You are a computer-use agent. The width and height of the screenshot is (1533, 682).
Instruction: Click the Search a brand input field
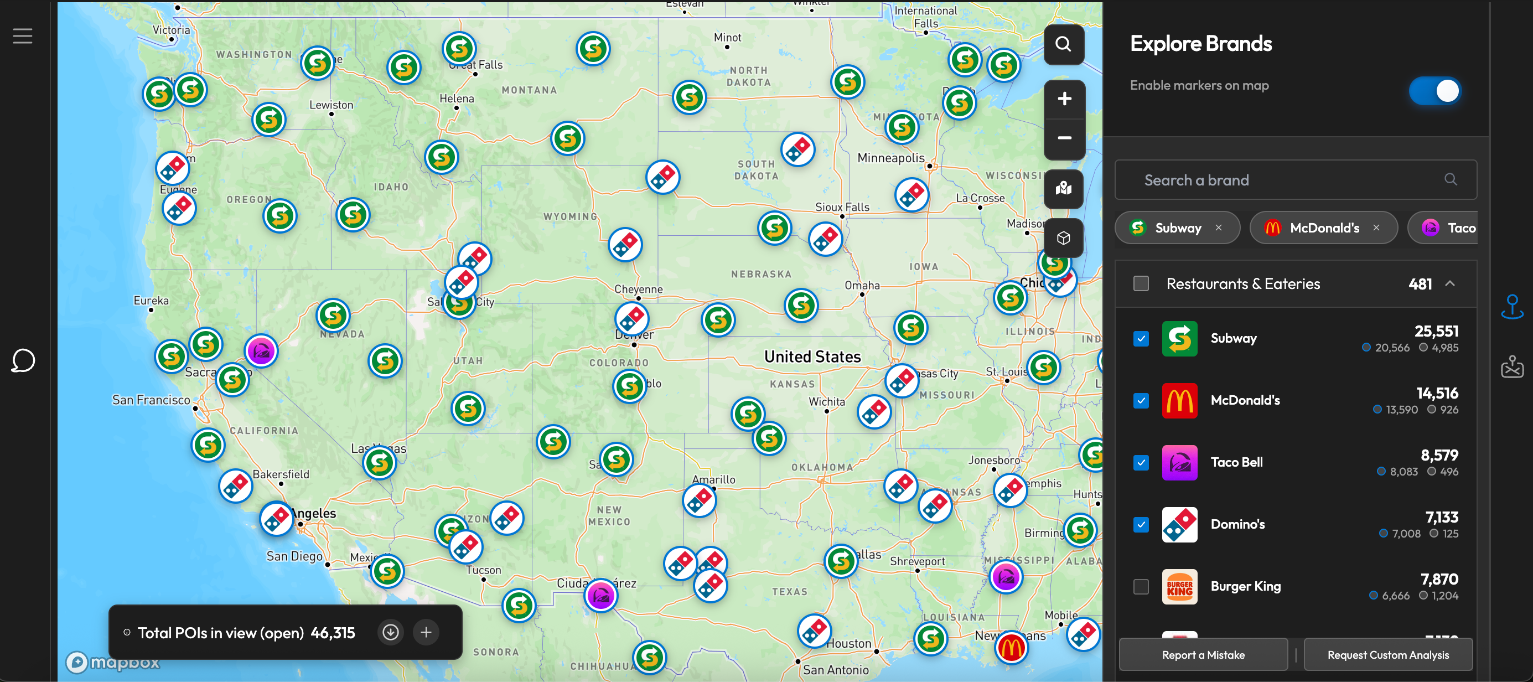pyautogui.click(x=1286, y=180)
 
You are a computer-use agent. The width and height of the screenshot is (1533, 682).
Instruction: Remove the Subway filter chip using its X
pyautogui.click(x=1219, y=228)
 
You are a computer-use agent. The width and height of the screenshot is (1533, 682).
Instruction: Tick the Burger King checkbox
pyautogui.click(x=1141, y=586)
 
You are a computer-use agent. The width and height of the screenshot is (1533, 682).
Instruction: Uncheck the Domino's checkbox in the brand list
pyautogui.click(x=1141, y=524)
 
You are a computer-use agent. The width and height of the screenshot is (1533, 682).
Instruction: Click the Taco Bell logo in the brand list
pyautogui.click(x=1179, y=462)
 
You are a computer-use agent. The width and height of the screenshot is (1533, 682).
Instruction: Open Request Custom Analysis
pyautogui.click(x=1388, y=655)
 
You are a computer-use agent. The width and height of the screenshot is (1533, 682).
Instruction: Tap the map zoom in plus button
pyautogui.click(x=1064, y=99)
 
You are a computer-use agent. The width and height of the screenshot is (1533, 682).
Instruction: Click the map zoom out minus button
pyautogui.click(x=1064, y=138)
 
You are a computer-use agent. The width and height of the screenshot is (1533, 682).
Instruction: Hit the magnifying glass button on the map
pyautogui.click(x=1064, y=44)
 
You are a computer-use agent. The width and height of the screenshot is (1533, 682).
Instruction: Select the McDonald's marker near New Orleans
pyautogui.click(x=1011, y=647)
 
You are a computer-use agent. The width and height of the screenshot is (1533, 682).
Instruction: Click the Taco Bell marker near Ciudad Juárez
pyautogui.click(x=600, y=595)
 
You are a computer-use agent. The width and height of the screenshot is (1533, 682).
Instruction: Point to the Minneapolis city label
pyautogui.click(x=890, y=158)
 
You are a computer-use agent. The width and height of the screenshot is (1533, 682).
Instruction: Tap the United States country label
pyautogui.click(x=812, y=356)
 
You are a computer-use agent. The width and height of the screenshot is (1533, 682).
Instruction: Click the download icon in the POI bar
pyautogui.click(x=390, y=632)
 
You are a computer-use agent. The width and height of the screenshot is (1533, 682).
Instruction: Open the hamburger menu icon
pyautogui.click(x=23, y=36)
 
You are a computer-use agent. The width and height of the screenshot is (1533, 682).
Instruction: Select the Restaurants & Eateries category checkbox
pyautogui.click(x=1141, y=283)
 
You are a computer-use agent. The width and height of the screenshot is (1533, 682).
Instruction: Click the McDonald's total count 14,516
pyautogui.click(x=1437, y=393)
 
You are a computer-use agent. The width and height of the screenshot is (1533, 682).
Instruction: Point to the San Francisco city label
pyautogui.click(x=151, y=400)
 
